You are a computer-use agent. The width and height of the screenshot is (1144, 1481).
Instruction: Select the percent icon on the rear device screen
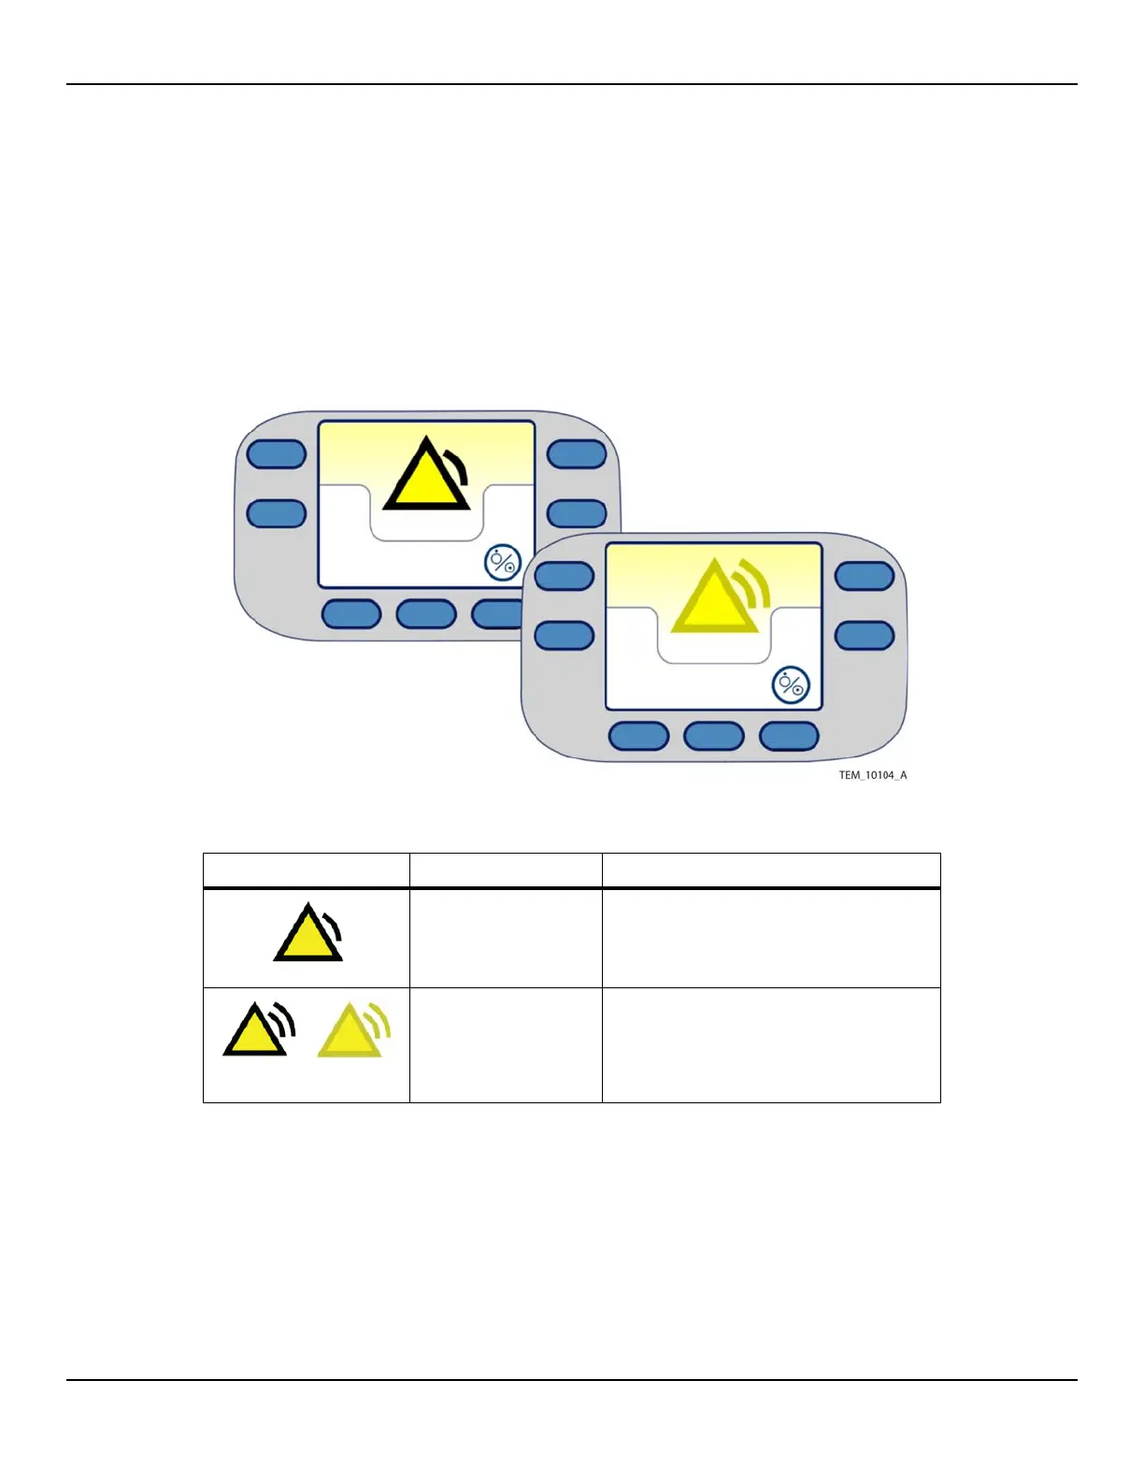point(503,563)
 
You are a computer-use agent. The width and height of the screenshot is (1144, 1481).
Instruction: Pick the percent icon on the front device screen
point(791,685)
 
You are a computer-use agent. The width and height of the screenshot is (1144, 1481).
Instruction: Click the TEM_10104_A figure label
point(872,775)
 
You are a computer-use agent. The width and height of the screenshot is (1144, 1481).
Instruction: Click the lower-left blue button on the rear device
point(277,513)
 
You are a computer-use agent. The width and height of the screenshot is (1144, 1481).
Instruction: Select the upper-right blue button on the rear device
point(577,454)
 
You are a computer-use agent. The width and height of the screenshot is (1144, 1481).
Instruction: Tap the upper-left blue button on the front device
point(565,576)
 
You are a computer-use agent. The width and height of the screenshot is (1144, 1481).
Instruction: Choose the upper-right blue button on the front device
point(865,576)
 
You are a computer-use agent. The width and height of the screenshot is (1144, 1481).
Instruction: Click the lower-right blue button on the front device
point(865,636)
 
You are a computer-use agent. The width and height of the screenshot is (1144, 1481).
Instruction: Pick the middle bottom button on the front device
point(714,736)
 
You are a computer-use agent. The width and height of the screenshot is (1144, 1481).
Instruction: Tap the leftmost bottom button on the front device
point(639,736)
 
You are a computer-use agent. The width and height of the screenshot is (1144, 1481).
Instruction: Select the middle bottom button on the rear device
point(426,614)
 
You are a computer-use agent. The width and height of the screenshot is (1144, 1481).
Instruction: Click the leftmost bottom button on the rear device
point(351,614)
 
